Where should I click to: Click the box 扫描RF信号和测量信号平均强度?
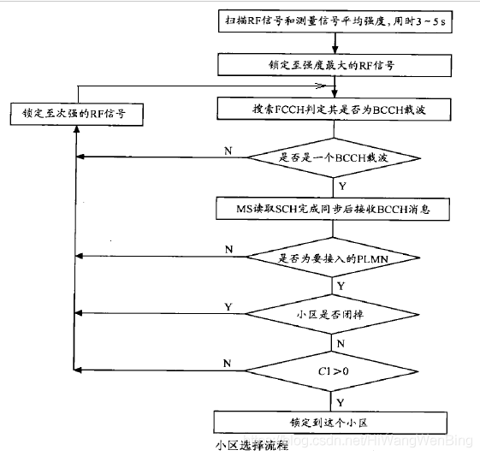335,21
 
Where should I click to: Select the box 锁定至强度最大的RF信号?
335,65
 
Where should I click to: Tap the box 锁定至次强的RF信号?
77,114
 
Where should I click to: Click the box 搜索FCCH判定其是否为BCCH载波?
334,110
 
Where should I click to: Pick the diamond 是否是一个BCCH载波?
334,158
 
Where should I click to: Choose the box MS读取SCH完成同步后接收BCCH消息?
333,209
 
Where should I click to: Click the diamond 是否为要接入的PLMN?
333,258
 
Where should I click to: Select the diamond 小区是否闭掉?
332,314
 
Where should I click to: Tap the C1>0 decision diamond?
331,371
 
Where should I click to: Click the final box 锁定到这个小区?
330,423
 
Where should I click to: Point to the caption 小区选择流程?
252,445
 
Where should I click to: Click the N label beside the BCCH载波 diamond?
228,151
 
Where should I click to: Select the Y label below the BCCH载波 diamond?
342,186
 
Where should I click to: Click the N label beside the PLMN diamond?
228,250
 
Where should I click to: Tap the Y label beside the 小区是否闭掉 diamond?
228,306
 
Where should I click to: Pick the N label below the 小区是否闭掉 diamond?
341,344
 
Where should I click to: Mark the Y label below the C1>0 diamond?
341,402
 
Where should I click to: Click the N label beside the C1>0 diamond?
227,364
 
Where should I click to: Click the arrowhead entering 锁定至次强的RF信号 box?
77,129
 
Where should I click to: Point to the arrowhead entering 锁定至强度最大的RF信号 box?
335,50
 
